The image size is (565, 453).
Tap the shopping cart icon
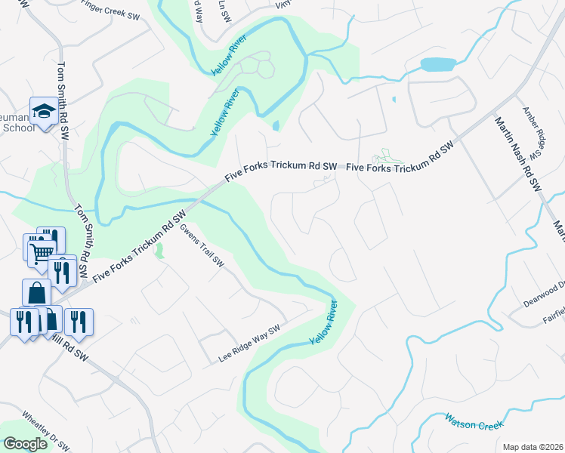[x=42, y=251]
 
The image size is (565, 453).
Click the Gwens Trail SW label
[x=202, y=247]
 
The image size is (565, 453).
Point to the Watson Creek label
[x=474, y=421]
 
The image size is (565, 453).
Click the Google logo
[x=25, y=444]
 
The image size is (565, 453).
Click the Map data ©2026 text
[x=533, y=447]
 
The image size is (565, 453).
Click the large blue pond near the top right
[x=437, y=64]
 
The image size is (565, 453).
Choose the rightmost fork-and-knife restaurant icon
[x=78, y=322]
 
